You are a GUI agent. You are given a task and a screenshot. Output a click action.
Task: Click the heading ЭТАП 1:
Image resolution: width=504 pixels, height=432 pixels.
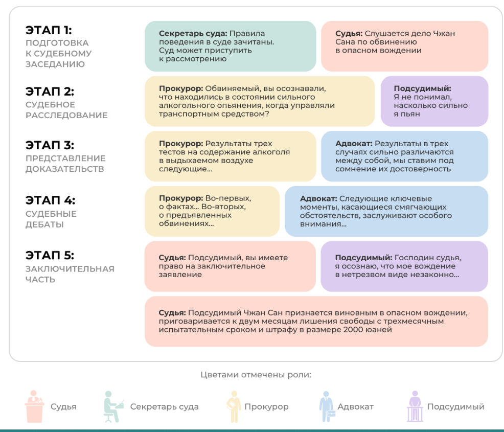(49, 30)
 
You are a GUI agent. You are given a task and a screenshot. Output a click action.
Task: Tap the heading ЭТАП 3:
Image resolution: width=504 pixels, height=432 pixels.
(50, 145)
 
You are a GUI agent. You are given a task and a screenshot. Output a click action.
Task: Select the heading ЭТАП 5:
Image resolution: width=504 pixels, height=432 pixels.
(50, 256)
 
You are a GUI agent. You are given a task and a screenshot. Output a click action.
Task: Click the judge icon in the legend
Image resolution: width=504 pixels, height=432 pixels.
(34, 406)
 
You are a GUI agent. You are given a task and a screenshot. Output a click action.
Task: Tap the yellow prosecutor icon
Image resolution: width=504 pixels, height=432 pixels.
(234, 406)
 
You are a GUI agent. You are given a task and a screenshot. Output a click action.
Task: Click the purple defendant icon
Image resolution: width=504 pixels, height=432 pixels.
(415, 406)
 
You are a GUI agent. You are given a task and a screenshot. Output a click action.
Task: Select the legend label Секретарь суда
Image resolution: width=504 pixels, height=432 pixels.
(164, 407)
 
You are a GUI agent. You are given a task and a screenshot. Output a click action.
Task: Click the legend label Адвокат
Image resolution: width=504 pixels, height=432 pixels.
(355, 407)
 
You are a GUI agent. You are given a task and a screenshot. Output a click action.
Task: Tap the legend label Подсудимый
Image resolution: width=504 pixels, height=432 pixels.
(456, 407)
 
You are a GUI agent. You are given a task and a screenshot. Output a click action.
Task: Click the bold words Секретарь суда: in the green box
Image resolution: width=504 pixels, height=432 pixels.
(193, 34)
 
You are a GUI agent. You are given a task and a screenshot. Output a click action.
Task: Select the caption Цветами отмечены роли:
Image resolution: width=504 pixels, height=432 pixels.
(256, 375)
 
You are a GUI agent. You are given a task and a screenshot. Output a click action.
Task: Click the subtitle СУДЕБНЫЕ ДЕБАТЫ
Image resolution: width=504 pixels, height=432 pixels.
(51, 219)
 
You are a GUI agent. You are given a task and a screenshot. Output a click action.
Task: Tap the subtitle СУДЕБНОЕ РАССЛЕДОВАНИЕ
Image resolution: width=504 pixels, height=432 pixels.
(66, 110)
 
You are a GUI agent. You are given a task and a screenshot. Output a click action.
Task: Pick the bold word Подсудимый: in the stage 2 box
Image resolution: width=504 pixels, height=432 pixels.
(422, 89)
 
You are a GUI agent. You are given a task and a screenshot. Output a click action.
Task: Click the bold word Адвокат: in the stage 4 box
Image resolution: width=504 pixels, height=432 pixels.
(318, 199)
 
